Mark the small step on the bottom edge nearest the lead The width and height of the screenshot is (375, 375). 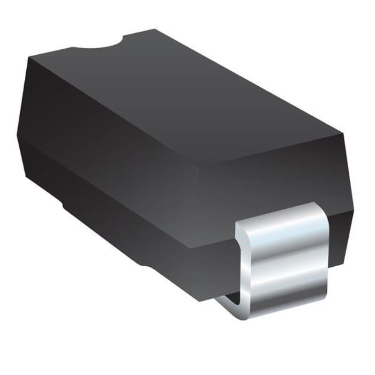tap(150, 268)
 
